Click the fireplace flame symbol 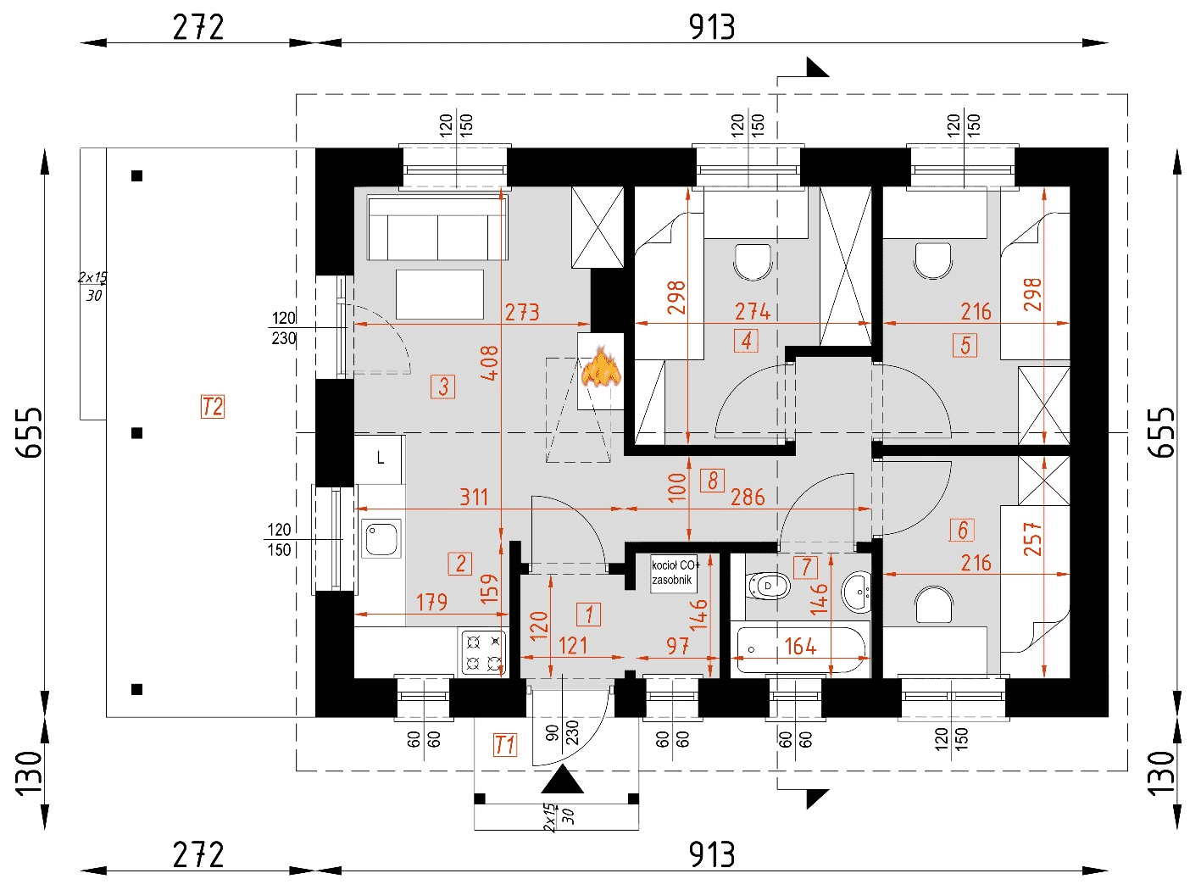pos(601,367)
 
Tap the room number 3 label pos(443,387)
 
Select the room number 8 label pos(713,481)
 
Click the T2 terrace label pos(212,407)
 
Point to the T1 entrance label pos(504,745)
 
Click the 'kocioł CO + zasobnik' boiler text pos(674,573)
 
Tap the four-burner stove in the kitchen pos(483,652)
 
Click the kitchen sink pos(381,538)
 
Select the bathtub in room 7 pos(801,648)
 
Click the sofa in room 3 pos(437,228)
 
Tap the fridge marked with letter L pos(380,459)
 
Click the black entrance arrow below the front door pos(563,780)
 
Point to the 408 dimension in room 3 pos(489,362)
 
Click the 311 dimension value pos(474,497)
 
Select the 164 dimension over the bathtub pos(800,647)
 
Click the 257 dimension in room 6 pos(1032,539)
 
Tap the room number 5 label pos(965,345)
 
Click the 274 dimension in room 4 pos(752,312)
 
